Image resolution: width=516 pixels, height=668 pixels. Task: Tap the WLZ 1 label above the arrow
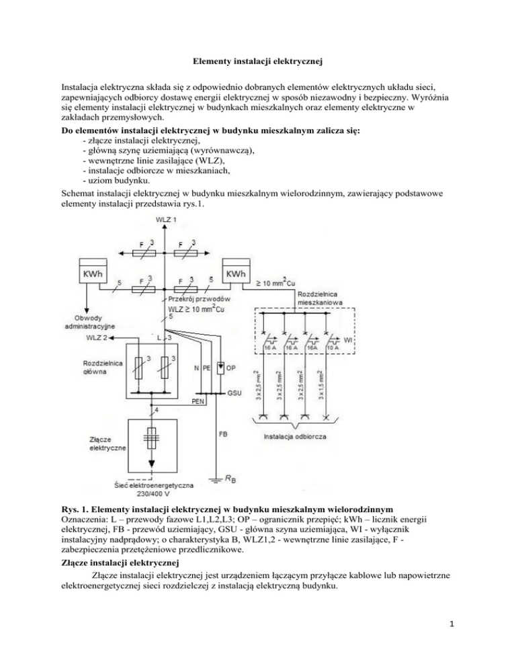coord(167,220)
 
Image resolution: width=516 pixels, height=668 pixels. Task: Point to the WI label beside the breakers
coord(349,341)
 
